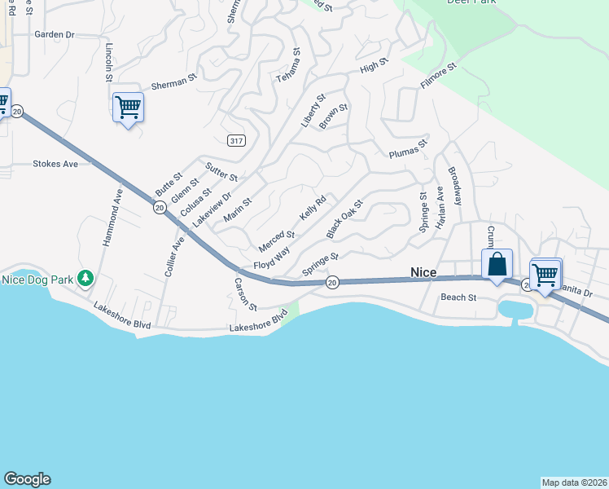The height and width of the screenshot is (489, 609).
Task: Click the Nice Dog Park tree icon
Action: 85,279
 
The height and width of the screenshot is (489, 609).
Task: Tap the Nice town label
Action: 424,271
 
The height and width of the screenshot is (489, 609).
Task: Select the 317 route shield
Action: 236,141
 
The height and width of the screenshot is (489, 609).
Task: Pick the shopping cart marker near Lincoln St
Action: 128,107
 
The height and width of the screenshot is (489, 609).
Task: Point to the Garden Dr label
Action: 55,35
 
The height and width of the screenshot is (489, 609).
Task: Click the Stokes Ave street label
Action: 55,164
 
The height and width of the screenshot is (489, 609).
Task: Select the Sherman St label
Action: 174,81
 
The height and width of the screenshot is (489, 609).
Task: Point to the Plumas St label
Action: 408,150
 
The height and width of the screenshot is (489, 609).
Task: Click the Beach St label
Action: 458,297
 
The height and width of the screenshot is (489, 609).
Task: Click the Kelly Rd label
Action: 313,207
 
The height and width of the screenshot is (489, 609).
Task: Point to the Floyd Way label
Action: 271,260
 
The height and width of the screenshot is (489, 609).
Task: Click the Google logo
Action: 27,479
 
